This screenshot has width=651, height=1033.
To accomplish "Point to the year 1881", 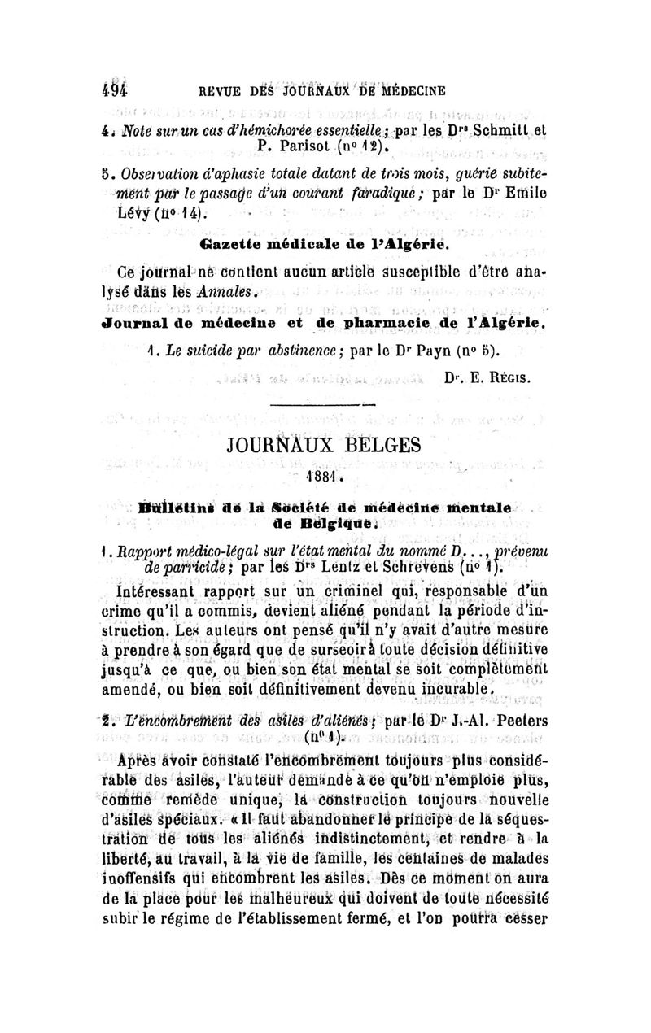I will point(325,476).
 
